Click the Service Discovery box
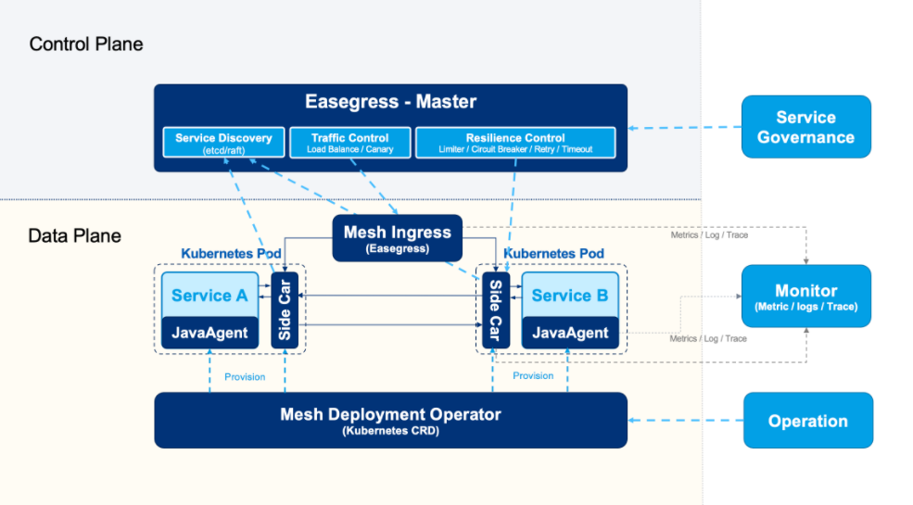(223, 142)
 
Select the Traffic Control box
(349, 142)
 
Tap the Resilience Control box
(515, 142)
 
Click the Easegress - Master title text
(390, 101)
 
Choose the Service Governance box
(805, 127)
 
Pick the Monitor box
(805, 297)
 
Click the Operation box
(807, 421)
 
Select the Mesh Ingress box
(397, 238)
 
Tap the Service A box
(209, 295)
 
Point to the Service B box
(570, 295)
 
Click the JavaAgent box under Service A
(209, 333)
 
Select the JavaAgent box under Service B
(570, 333)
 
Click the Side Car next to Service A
(285, 309)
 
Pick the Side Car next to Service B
(496, 309)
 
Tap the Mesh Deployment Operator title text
(390, 414)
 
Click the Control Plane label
(86, 44)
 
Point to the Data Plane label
(74, 235)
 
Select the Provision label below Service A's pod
(245, 376)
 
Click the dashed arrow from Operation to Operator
(686, 421)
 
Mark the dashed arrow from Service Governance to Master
(686, 127)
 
